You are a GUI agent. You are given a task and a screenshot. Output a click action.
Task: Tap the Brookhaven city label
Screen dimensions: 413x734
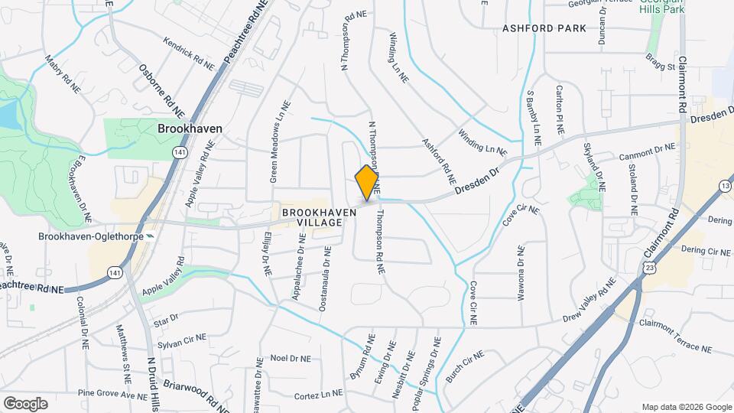[190, 128]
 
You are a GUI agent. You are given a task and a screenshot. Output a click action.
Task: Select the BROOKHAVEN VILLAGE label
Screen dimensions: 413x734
[312, 216]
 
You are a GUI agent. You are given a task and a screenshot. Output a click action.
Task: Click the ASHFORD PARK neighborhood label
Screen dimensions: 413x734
[544, 28]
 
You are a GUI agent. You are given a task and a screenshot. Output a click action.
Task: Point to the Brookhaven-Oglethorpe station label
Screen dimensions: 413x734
[91, 236]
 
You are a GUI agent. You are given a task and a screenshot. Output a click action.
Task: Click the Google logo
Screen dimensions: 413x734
[25, 403]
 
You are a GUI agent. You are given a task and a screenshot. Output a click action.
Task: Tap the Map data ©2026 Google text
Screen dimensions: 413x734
[686, 406]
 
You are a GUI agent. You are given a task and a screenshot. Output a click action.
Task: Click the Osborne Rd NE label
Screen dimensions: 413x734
[161, 89]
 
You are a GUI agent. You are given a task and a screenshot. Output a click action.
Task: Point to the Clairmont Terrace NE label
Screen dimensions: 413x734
[675, 337]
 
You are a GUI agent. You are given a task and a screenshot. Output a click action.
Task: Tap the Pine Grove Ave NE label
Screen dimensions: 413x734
[112, 395]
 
